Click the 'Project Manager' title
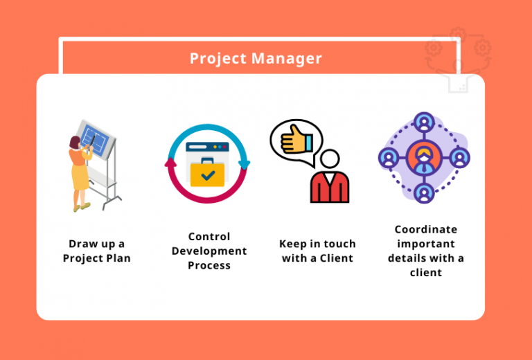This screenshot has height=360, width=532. (x=256, y=58)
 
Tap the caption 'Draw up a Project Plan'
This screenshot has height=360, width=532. (x=96, y=251)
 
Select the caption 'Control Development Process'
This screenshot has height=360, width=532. (x=209, y=251)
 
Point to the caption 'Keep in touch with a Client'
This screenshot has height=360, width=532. (x=317, y=251)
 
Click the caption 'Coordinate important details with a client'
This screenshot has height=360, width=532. (x=426, y=251)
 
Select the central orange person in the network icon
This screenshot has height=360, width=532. (x=425, y=157)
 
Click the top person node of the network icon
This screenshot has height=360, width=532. (x=425, y=123)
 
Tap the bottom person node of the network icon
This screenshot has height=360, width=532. (x=425, y=192)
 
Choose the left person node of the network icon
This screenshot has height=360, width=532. (x=389, y=157)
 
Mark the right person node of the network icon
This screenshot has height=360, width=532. (x=459, y=157)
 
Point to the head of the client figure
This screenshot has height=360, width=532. (x=329, y=159)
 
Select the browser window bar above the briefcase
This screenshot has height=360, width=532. (x=207, y=147)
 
